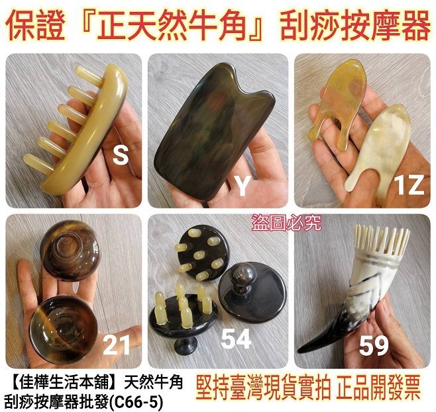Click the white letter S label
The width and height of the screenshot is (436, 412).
click(x=121, y=156)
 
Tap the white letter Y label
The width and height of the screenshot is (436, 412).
click(x=243, y=186)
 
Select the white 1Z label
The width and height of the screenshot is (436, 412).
click(x=409, y=185)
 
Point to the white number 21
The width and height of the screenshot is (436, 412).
click(x=116, y=345)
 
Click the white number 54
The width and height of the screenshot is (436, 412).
click(x=236, y=339)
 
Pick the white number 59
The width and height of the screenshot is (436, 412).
click(x=374, y=346)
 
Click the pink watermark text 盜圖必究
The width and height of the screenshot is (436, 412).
click(x=286, y=222)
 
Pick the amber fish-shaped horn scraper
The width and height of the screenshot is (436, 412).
click(x=339, y=100)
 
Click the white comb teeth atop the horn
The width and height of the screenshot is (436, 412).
click(x=382, y=239)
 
